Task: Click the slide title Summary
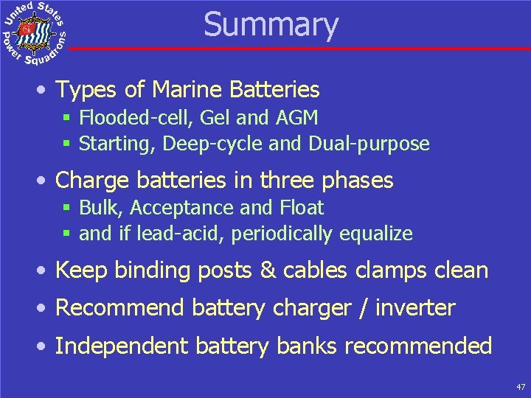tap(271, 24)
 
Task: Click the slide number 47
tap(521, 386)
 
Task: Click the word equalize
tap(376, 234)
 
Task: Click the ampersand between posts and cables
tap(267, 270)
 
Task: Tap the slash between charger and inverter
tap(361, 307)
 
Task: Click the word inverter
tap(415, 307)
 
